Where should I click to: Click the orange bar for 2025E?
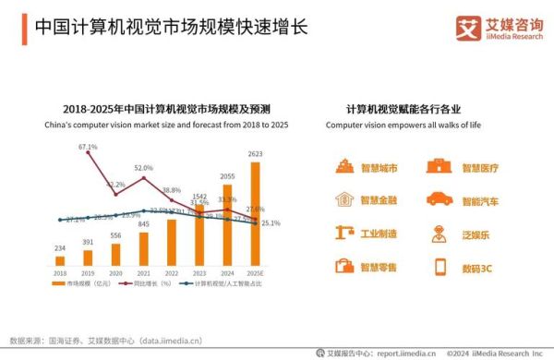point(255,212)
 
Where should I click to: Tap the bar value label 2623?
point(255,154)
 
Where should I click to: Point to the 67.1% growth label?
point(88,147)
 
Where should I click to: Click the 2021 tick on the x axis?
point(143,273)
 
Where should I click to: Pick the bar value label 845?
point(143,224)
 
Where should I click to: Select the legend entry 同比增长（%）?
point(148,284)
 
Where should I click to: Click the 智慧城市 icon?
point(344,167)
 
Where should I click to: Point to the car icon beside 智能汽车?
point(436,199)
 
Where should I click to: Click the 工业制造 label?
point(379,234)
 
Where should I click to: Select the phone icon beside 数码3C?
point(440,267)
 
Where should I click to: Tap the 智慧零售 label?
point(379,267)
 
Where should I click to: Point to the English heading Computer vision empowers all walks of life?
point(403,124)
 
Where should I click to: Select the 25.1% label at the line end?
point(271,222)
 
